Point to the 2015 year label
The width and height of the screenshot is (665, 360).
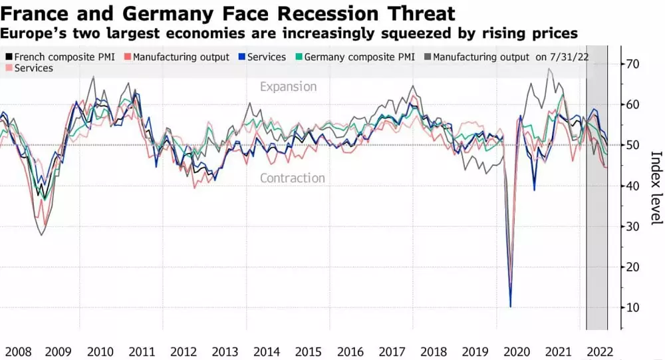point(309,351)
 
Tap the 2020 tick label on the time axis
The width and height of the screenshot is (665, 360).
point(516,351)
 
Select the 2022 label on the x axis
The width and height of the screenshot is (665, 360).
point(598,351)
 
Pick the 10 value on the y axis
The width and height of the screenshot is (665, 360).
point(632,307)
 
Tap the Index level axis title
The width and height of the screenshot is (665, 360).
point(656,188)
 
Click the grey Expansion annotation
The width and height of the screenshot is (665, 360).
point(288,87)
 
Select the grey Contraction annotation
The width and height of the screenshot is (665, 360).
point(293,178)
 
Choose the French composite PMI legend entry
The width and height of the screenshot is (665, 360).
point(63,57)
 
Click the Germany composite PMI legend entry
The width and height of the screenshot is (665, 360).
point(360,57)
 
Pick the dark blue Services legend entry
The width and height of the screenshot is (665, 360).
point(266,57)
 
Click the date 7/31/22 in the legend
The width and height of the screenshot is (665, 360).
point(571,57)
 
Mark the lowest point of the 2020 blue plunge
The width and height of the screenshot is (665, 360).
point(511,307)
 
